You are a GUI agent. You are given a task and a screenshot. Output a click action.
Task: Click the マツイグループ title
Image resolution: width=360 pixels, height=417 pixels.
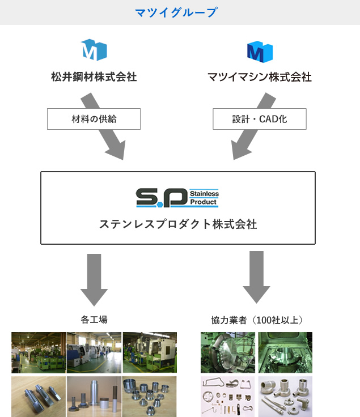(176, 12)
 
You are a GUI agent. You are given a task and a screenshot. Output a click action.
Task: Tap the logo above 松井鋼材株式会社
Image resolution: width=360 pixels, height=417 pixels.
(94, 50)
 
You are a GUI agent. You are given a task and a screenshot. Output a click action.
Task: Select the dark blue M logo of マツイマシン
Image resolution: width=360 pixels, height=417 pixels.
(260, 52)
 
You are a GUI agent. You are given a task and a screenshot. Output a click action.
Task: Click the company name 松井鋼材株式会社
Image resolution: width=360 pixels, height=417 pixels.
(94, 77)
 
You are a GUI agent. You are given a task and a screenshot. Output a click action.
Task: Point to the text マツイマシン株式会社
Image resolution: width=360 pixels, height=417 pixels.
(260, 77)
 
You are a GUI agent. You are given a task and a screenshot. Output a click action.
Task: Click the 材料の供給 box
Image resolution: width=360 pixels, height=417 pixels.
(94, 119)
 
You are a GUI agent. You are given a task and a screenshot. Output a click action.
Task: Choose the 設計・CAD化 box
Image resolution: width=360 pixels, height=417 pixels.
(260, 119)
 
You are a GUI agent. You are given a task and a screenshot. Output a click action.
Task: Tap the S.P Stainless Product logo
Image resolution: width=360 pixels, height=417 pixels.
(177, 198)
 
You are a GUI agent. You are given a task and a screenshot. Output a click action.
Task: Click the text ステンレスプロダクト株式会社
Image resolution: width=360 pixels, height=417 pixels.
(178, 224)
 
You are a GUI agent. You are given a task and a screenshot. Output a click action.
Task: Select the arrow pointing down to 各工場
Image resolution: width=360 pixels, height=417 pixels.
(94, 280)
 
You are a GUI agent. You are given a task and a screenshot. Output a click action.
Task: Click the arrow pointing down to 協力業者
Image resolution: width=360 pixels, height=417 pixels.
(256, 277)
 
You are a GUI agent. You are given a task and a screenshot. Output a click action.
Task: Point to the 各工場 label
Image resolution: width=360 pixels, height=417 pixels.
(94, 320)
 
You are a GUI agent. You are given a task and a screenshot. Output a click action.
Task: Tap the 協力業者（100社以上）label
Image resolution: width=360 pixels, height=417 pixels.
(257, 320)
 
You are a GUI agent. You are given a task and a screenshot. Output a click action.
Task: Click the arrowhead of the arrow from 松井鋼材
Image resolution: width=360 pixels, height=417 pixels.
(117, 150)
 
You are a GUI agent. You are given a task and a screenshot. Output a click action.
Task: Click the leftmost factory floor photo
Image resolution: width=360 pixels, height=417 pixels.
(39, 352)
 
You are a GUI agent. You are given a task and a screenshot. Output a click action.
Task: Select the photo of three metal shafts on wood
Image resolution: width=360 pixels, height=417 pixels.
(39, 397)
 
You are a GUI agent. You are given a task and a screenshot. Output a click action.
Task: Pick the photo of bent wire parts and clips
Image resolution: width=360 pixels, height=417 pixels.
(228, 397)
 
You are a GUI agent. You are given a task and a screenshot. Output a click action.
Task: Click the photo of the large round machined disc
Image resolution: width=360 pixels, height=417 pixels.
(228, 352)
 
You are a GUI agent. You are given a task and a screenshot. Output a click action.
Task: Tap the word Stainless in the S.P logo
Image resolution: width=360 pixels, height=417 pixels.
(204, 194)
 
